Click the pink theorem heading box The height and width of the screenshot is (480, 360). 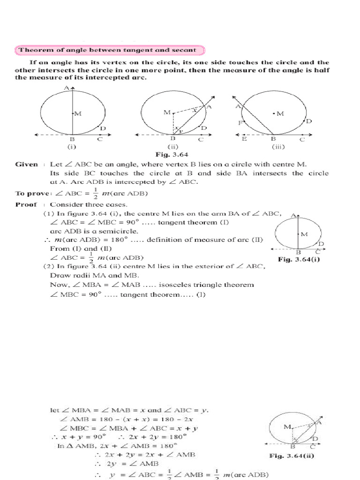click(111, 50)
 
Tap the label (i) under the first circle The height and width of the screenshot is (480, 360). click(72, 146)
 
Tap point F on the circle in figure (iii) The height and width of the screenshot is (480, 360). click(240, 123)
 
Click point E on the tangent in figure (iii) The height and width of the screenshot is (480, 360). click(244, 139)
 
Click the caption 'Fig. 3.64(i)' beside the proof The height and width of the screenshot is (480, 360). click(298, 259)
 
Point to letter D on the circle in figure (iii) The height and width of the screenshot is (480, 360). click(309, 121)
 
